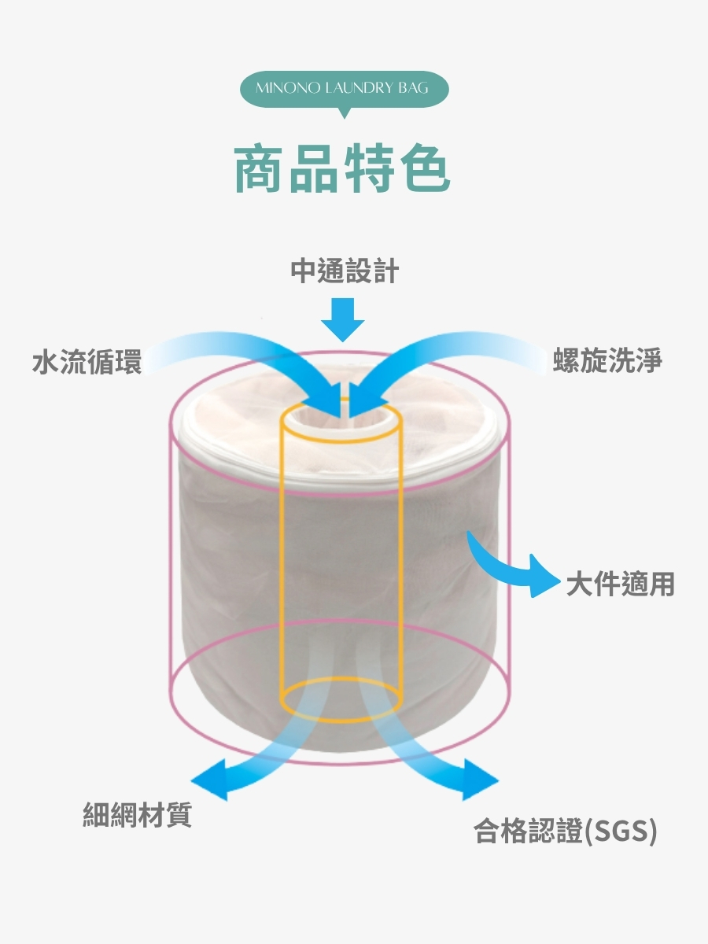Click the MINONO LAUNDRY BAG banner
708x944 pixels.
tap(343, 88)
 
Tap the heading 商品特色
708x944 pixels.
tap(343, 168)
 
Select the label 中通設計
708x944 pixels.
tap(345, 272)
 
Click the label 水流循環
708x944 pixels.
tap(87, 362)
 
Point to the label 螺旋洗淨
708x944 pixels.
tap(607, 361)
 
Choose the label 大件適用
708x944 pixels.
tap(621, 584)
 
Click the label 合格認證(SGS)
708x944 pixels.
tap(565, 832)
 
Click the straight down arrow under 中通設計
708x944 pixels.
tap(343, 319)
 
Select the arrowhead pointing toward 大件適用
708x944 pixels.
tap(541, 577)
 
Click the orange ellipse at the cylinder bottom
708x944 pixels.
tap(342, 699)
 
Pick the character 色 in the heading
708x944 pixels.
tap(424, 168)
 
